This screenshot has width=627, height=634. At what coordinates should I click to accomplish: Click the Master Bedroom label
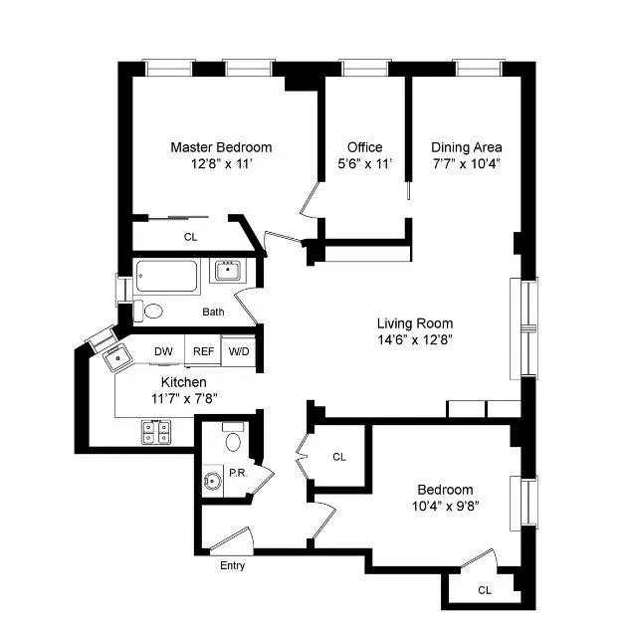(x=220, y=147)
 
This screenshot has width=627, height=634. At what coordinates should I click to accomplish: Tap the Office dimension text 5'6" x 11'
(x=364, y=163)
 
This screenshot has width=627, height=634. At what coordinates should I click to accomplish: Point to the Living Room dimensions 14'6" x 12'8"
(x=415, y=339)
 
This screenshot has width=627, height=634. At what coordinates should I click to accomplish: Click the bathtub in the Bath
(x=168, y=274)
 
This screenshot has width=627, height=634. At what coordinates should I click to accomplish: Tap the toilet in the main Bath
(x=149, y=311)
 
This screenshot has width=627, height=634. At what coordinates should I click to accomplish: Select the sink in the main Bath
(x=228, y=271)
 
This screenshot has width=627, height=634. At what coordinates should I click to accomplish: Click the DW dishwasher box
(x=163, y=351)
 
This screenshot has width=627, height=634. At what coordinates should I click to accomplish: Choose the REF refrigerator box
(x=203, y=351)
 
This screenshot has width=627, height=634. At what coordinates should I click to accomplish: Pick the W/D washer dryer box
(x=239, y=351)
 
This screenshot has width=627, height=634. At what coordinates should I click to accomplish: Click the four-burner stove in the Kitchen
(x=155, y=431)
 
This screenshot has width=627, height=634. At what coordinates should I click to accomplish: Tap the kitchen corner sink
(x=112, y=353)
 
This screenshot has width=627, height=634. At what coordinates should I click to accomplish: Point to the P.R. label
(x=238, y=473)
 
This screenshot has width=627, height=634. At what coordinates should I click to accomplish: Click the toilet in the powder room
(x=234, y=439)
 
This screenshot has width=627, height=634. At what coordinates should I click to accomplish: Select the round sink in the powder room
(x=211, y=482)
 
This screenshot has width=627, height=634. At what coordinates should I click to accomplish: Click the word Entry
(x=232, y=566)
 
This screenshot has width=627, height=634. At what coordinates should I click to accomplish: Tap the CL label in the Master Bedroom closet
(x=189, y=237)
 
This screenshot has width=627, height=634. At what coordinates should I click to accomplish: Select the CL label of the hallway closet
(x=339, y=457)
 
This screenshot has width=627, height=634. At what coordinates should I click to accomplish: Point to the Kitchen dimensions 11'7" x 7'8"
(x=184, y=398)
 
